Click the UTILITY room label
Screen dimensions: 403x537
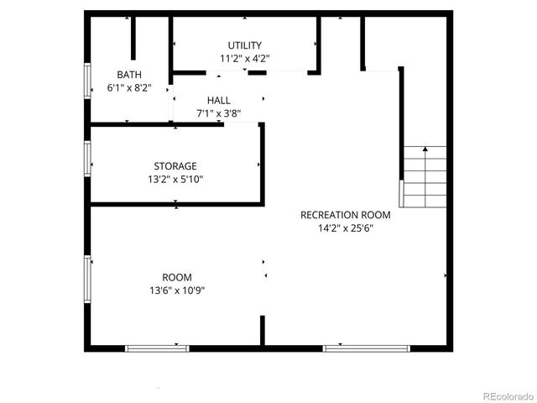(244, 45)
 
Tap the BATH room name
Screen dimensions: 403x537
(129, 74)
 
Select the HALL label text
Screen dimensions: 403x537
(219, 100)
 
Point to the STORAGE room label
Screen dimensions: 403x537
(175, 166)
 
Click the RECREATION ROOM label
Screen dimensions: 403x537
(345, 214)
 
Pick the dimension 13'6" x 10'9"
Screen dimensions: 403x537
(177, 290)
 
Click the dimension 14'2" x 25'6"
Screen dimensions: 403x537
(345, 228)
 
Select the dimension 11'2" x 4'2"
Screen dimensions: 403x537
(244, 59)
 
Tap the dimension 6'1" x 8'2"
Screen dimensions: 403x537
(129, 87)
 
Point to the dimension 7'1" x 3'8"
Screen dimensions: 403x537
(219, 113)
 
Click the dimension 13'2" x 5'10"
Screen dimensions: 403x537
(175, 179)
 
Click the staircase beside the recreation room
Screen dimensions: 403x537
(425, 176)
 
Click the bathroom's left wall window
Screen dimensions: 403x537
(86, 83)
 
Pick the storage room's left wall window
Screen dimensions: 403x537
(86, 157)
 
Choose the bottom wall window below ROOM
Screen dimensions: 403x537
(157, 348)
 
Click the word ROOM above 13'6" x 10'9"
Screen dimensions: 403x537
(177, 277)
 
